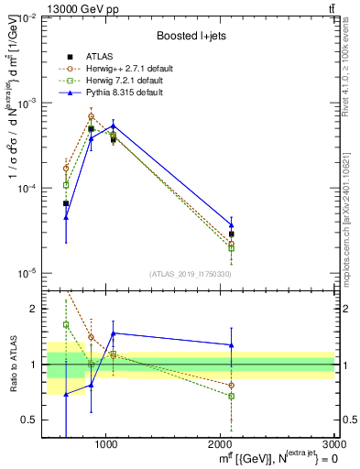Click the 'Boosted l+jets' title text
click(x=191, y=36)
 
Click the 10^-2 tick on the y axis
click(x=33, y=18)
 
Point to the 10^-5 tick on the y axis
click(x=33, y=273)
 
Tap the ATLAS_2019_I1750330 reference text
click(x=190, y=274)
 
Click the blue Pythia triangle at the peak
click(x=113, y=125)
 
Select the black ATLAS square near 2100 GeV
click(x=232, y=234)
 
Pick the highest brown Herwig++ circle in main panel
click(x=91, y=116)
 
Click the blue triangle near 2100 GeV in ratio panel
click(x=232, y=344)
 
